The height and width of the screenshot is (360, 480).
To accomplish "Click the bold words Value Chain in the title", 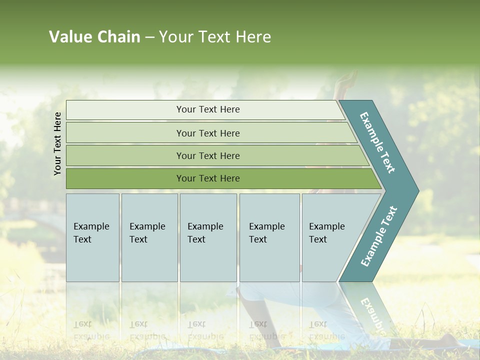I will (x=94, y=37).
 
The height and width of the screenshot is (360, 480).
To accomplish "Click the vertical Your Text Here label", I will (x=57, y=143).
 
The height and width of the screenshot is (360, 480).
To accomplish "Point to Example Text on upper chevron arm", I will (x=377, y=142).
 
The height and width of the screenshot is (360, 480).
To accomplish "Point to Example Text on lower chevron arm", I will (x=378, y=236).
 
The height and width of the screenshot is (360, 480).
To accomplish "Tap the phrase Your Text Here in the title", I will (x=215, y=37).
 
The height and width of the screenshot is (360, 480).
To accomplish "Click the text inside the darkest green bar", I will (x=208, y=178).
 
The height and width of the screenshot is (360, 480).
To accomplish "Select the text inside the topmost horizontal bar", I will (x=208, y=109).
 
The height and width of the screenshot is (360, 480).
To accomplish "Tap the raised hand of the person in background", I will (x=345, y=82).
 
